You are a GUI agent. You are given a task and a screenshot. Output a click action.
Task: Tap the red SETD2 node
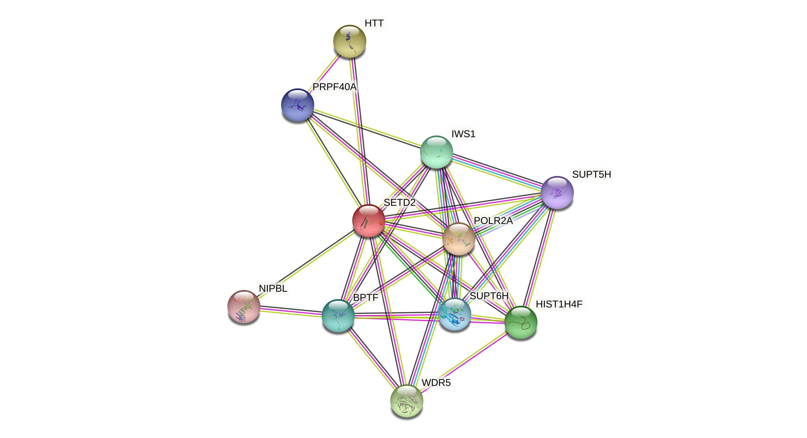(x=369, y=220)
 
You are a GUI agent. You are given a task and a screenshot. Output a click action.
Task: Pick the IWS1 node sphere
(x=436, y=152)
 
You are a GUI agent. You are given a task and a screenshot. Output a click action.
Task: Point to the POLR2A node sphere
(x=459, y=239)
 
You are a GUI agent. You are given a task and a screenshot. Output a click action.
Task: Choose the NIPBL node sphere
(x=244, y=306)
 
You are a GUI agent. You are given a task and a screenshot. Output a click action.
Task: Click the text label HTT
(x=374, y=23)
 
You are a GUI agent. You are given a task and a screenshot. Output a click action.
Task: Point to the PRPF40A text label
(x=334, y=87)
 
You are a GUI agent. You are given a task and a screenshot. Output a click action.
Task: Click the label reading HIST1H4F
(x=559, y=304)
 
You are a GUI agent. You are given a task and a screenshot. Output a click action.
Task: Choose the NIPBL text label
(x=273, y=288)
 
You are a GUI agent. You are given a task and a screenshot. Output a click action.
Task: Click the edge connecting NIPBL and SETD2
(x=307, y=263)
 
